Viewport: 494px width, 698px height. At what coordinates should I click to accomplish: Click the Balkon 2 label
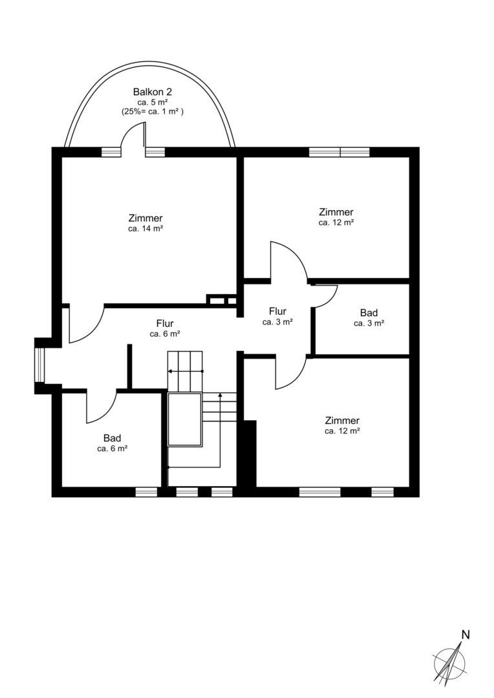tap(153, 92)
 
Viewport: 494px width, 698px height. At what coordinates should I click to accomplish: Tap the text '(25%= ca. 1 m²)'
tap(153, 112)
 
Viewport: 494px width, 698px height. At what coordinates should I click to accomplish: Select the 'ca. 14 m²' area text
tap(145, 229)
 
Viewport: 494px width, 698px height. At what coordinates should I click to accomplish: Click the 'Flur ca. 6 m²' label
tap(165, 328)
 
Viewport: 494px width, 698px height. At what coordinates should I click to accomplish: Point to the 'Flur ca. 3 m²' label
tap(277, 316)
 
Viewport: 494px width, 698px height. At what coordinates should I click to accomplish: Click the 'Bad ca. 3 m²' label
tap(369, 318)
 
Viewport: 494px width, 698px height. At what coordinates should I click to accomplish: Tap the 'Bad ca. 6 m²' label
tap(113, 443)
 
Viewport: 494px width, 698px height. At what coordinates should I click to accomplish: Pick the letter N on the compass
tap(466, 635)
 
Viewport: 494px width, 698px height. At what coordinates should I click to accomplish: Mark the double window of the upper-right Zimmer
tap(339, 152)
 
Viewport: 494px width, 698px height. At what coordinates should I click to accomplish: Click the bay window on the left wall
tap(39, 366)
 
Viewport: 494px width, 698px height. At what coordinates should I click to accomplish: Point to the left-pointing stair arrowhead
tap(170, 371)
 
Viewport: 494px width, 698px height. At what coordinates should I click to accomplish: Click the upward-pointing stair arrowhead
tap(220, 396)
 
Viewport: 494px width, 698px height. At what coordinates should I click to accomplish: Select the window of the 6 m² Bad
tap(147, 491)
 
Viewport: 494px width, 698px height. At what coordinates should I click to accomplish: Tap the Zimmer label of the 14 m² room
tap(145, 218)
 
